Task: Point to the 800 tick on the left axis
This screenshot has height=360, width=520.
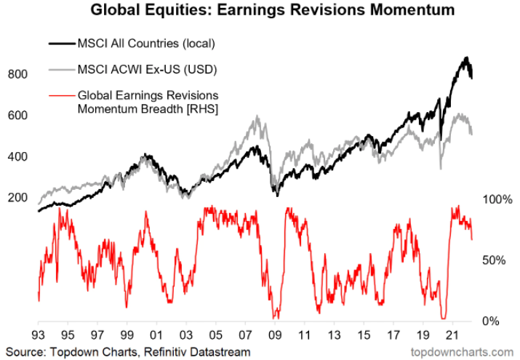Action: pos(17,74)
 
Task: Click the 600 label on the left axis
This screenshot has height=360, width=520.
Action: pos(17,116)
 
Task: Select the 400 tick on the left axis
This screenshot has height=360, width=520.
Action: pos(17,156)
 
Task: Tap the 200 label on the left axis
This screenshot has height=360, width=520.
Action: pos(17,198)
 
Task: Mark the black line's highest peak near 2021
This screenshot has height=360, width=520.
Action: pos(465,58)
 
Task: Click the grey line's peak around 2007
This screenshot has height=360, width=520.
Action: pos(255,116)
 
